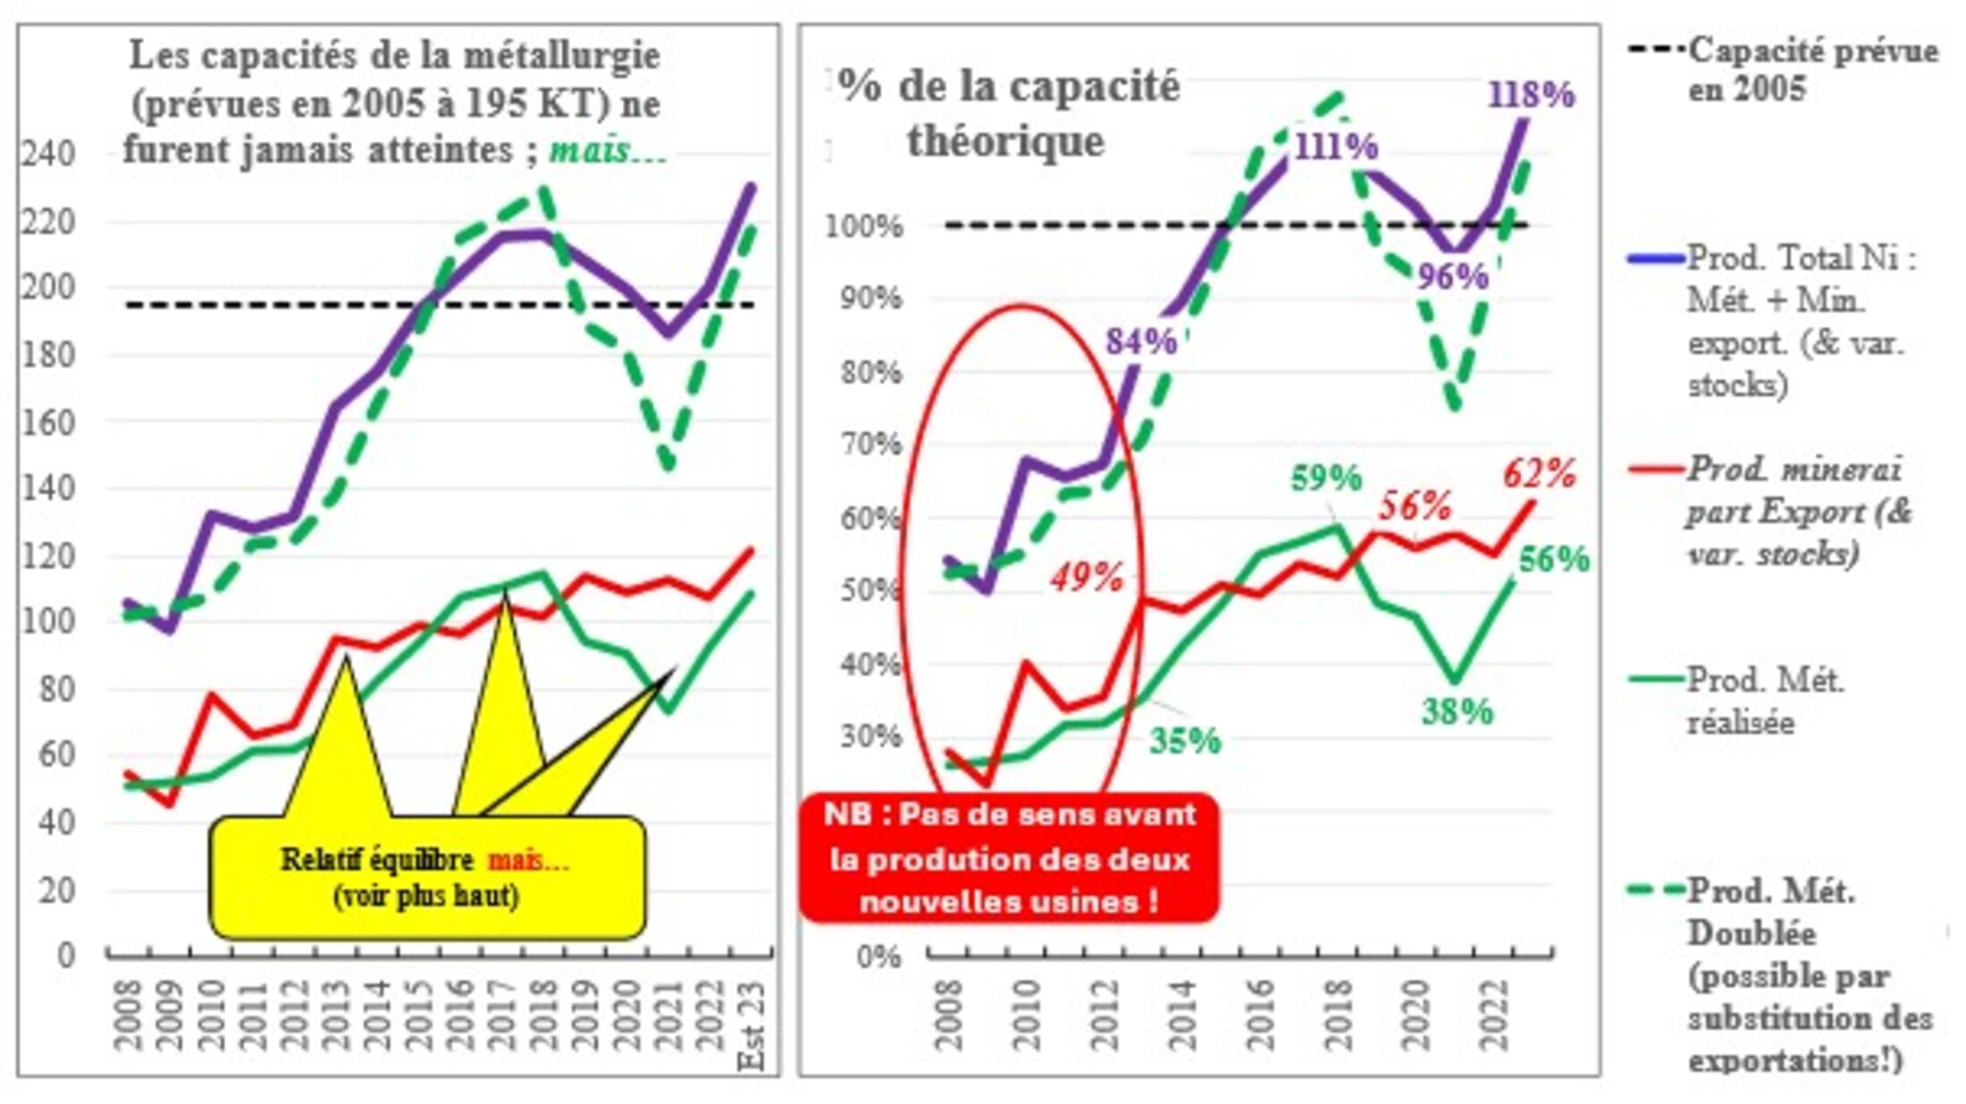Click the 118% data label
coord(1531,95)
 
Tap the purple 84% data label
coord(1141,341)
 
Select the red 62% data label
coord(1539,473)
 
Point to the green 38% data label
coord(1458,712)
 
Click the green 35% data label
coord(1185,740)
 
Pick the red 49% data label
coord(1087,578)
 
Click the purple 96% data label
coord(1453,276)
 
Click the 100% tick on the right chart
coord(863,226)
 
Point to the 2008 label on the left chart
coord(128,1015)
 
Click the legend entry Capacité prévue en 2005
coord(1810,70)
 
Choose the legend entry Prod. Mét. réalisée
coord(1764,701)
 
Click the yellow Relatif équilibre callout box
coord(426,877)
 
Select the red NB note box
coord(1009,857)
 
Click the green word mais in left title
coord(607,150)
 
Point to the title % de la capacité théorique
coord(1008,113)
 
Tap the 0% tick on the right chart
coord(878,957)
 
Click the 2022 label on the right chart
coord(1495,1015)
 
